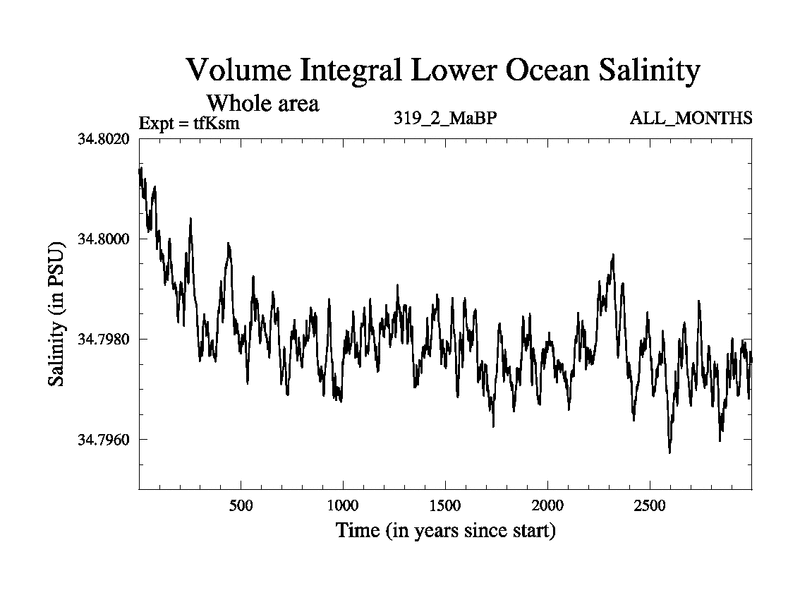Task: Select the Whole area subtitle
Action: point(262,103)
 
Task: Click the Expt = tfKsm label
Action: point(191,123)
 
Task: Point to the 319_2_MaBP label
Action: point(446,119)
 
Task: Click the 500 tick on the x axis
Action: point(240,505)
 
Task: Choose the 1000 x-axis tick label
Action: point(343,505)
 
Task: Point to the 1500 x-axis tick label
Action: point(445,505)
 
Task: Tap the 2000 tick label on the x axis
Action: point(548,505)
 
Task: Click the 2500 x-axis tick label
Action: point(650,505)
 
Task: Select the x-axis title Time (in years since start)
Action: point(445,530)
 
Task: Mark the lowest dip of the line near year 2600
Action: point(669,452)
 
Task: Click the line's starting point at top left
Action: point(139,170)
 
